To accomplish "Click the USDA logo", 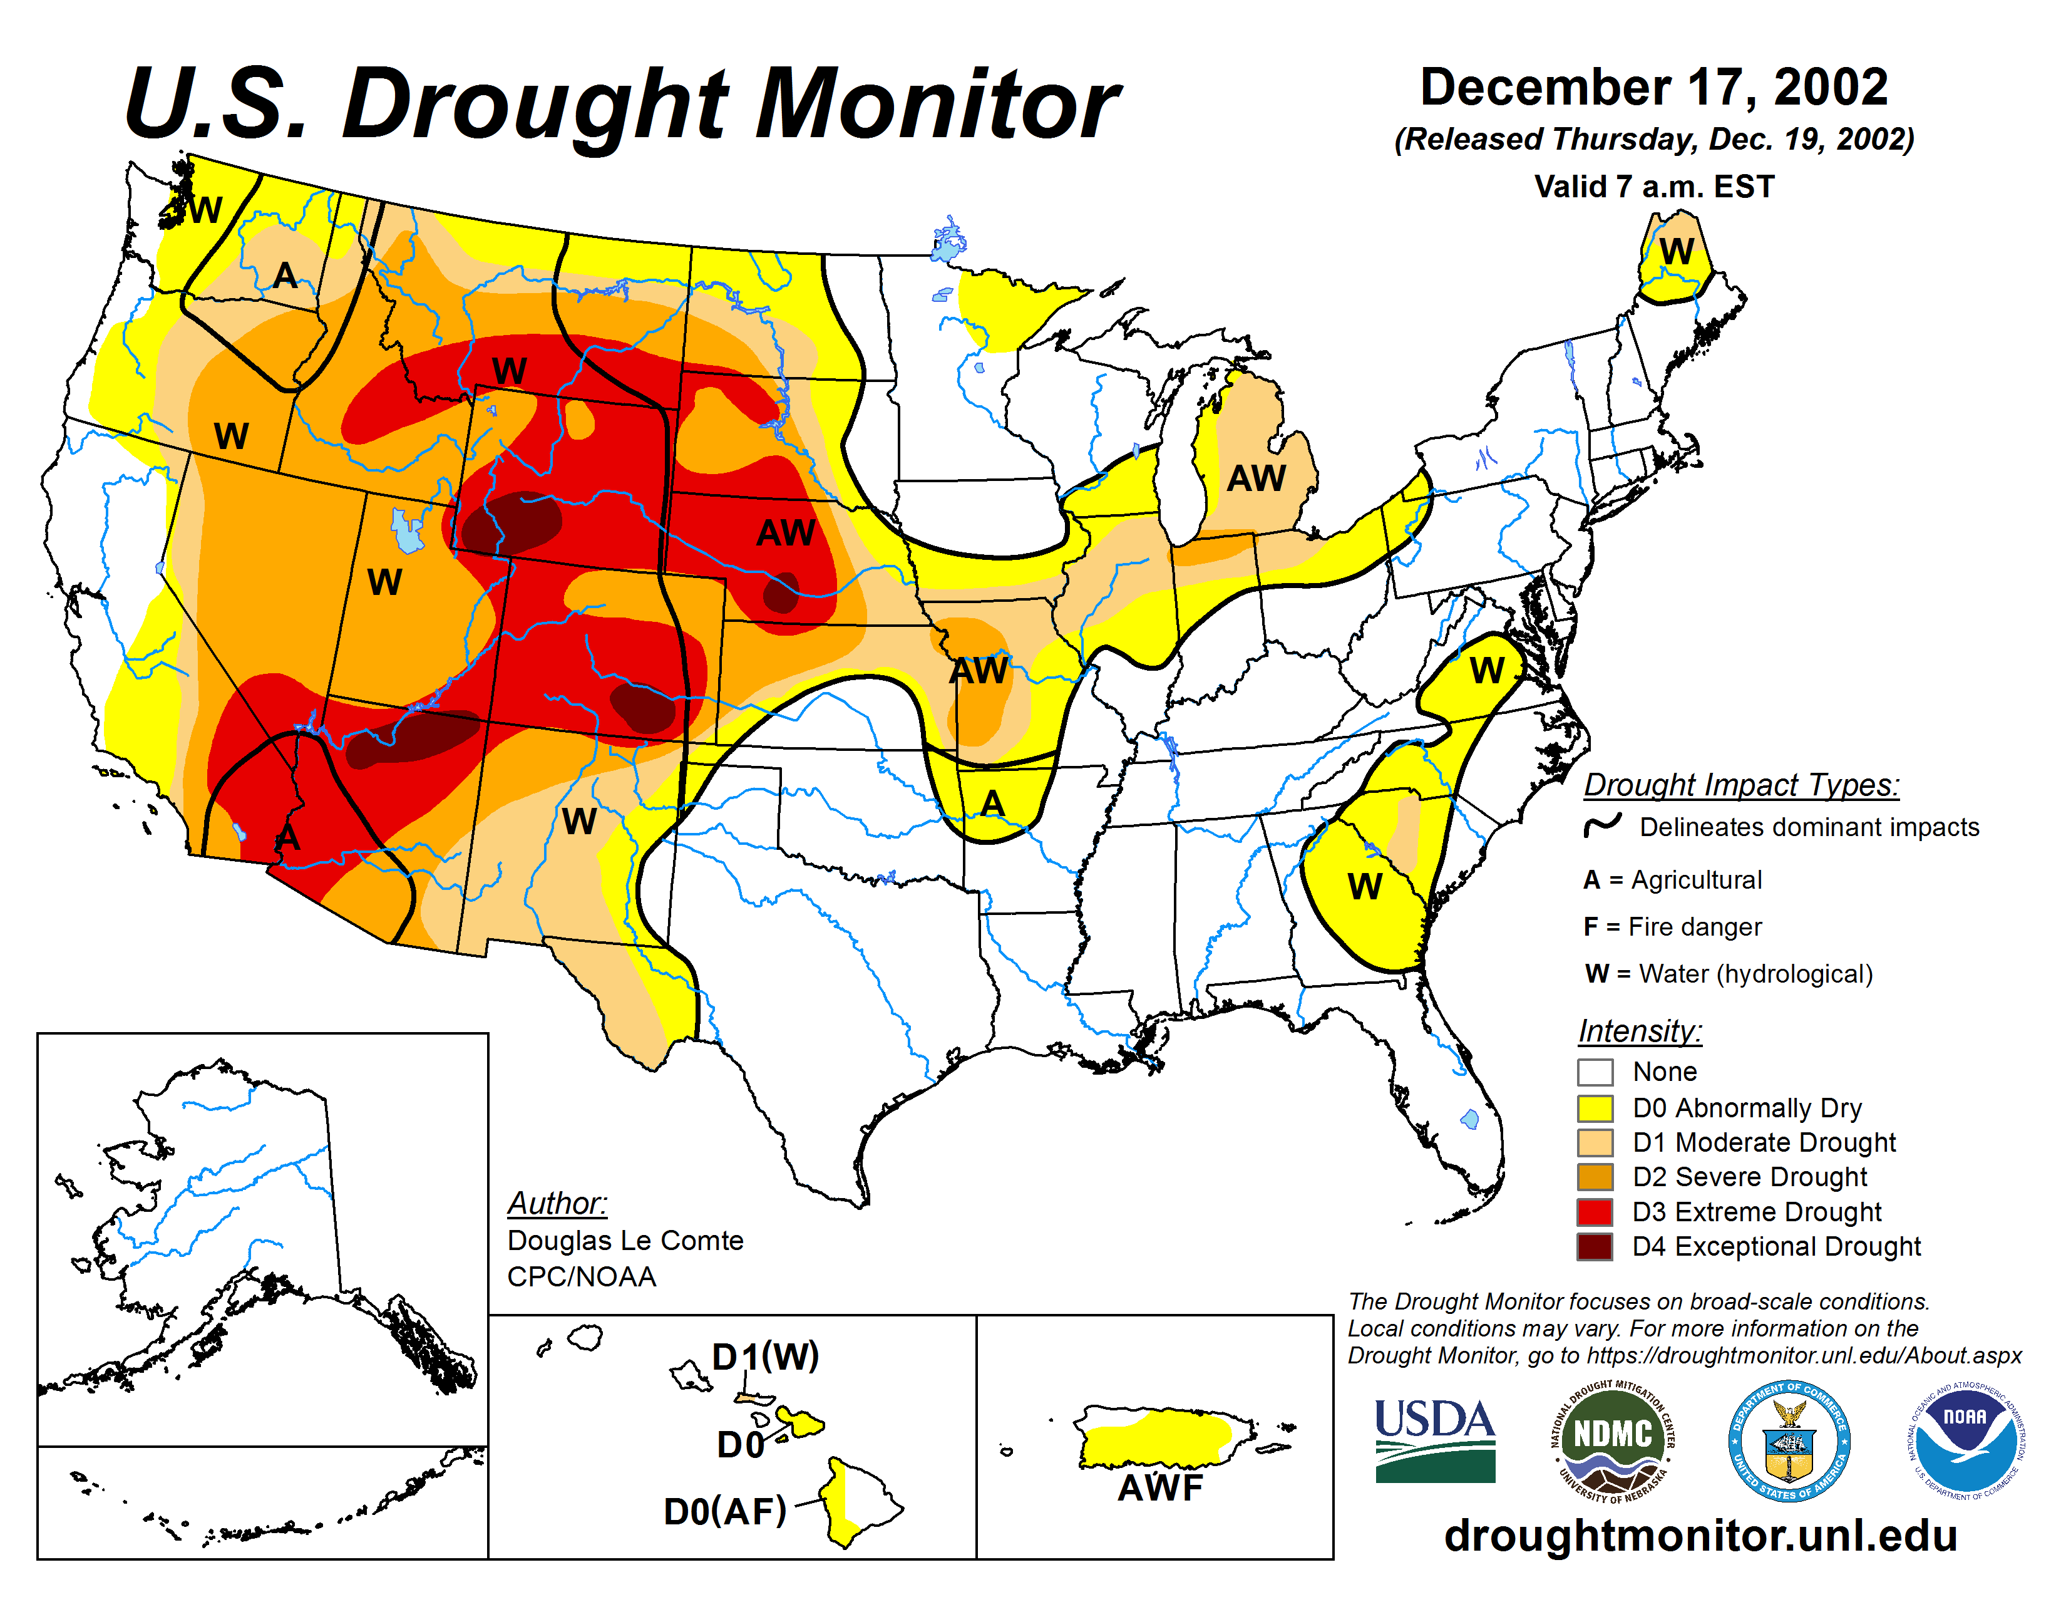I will pos(1434,1440).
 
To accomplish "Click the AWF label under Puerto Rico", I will pos(1159,1488).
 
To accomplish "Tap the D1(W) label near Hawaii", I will pos(765,1357).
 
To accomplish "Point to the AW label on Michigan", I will pos(1257,478).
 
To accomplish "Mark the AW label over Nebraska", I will pos(785,534).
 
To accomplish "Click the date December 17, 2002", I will pos(1653,87).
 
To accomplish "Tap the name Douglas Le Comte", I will pos(625,1240).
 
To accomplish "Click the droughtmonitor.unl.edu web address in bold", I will pos(1700,1536).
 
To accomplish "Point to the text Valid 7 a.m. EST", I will pos(1653,187).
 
